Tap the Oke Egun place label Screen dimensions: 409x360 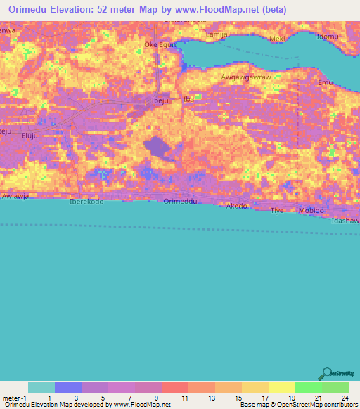click(x=158, y=44)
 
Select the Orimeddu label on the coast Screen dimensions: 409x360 click(x=179, y=202)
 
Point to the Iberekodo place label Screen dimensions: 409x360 click(x=86, y=202)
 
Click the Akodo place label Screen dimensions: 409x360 click(x=237, y=206)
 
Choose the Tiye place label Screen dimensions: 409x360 click(x=277, y=210)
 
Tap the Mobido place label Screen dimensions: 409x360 click(x=312, y=210)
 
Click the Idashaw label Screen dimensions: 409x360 click(x=345, y=221)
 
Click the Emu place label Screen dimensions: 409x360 click(x=324, y=83)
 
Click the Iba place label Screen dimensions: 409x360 click(x=188, y=100)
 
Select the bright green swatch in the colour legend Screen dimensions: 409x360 click(x=308, y=387)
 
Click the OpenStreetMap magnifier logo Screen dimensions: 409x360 click(x=327, y=375)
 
